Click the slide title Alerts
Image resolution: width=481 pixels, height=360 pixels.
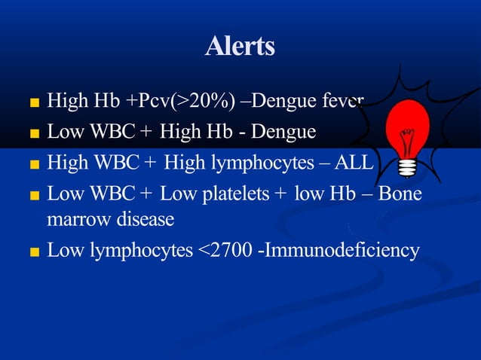240,47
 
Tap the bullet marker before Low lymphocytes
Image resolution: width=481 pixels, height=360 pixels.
35,252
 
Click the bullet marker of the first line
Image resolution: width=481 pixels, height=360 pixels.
35,102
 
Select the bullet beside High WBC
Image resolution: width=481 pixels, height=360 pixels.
35,163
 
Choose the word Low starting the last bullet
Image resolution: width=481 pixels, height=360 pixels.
65,250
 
